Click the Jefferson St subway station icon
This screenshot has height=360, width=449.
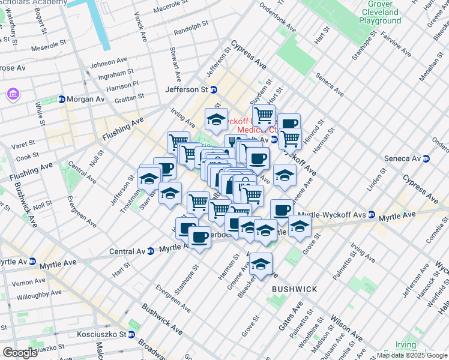(x=213, y=89)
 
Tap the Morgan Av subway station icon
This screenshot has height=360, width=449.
(x=61, y=99)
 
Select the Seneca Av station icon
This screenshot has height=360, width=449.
(x=426, y=159)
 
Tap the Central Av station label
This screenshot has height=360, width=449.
(x=128, y=251)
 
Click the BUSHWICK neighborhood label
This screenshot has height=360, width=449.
(x=294, y=289)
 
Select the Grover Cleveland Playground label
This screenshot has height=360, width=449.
(x=379, y=13)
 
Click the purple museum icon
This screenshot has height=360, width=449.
(x=13, y=94)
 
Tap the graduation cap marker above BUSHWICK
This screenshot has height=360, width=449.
(x=261, y=264)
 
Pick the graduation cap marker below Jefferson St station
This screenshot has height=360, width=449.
(x=216, y=119)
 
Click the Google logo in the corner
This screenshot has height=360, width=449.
(x=20, y=353)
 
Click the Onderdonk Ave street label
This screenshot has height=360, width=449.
(x=277, y=20)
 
